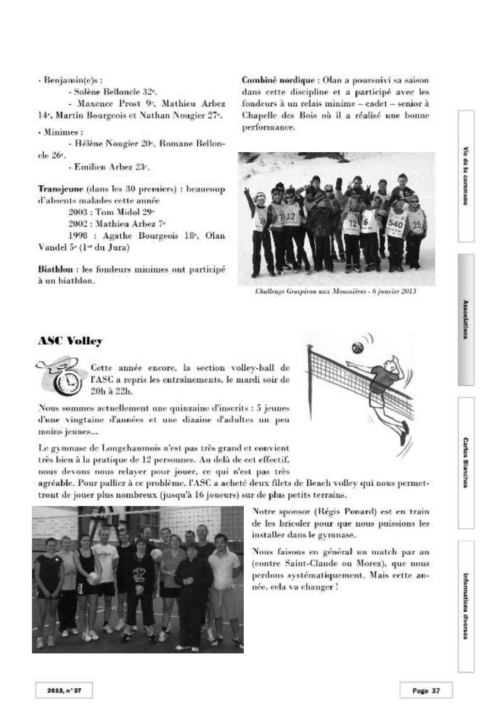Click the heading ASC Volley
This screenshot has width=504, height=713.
[70, 341]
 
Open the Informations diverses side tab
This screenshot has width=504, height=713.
[465, 606]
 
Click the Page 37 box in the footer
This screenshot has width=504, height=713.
[425, 691]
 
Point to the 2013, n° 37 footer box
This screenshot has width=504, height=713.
[63, 691]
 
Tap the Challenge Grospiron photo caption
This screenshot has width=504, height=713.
[336, 292]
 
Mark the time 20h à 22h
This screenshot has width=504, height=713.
[111, 390]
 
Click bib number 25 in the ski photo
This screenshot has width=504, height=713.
[416, 224]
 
